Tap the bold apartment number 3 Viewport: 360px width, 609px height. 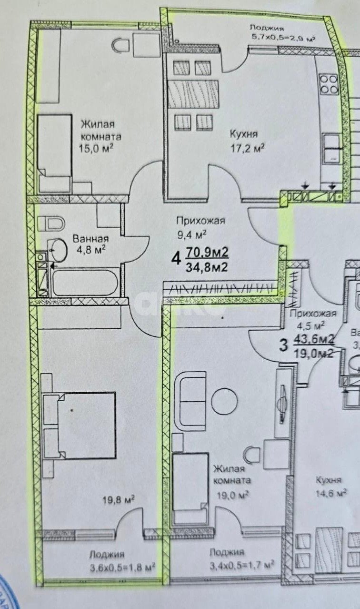coord(283,345)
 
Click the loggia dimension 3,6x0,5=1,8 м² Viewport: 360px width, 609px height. coord(123,567)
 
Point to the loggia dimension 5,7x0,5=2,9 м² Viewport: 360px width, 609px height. coord(284,36)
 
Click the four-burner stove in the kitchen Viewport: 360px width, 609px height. coord(329,84)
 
